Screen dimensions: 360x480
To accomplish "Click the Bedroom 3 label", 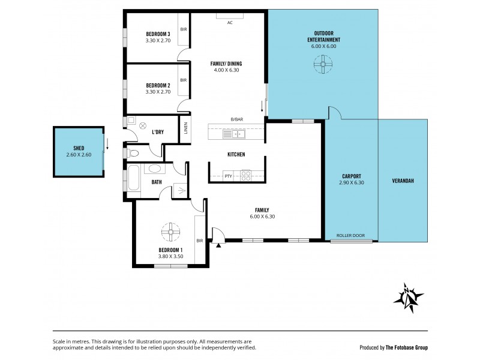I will (158, 34).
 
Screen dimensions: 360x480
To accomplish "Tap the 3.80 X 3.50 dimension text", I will (170, 256).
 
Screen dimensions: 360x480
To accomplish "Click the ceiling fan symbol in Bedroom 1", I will (170, 231).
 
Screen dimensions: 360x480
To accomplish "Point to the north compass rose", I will (408, 297).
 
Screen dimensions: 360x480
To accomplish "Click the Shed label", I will (78, 148).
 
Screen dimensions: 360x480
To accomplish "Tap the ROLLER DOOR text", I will (350, 236).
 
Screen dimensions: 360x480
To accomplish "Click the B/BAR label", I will (236, 119).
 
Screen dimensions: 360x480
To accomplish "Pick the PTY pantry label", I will (228, 176).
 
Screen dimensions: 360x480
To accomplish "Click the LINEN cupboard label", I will (186, 128).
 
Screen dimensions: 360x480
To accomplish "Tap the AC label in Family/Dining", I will (229, 23).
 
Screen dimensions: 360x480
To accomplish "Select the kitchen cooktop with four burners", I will (246, 175).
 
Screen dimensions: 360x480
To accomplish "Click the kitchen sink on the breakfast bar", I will (231, 134).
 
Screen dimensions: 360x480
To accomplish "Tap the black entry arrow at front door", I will (219, 244).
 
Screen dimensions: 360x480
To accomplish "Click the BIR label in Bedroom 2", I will (183, 80).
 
